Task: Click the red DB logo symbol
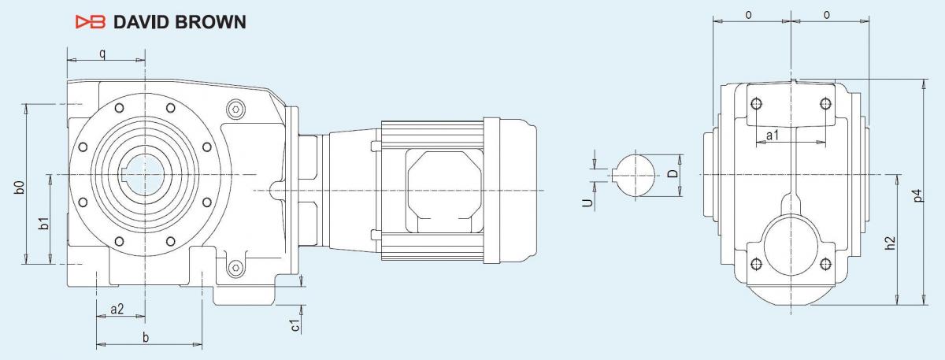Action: coord(91,22)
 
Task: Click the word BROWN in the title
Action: coord(210,22)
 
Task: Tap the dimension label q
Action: coord(102,54)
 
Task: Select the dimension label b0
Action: coord(20,187)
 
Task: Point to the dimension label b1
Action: coord(43,223)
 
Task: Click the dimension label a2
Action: coord(117,309)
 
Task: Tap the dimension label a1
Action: coord(773,135)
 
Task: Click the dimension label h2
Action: coord(889,243)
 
